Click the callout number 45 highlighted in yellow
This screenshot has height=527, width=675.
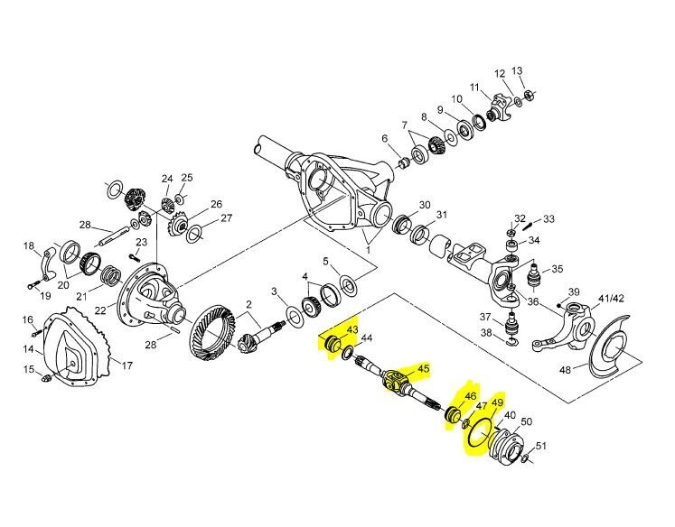point(423,368)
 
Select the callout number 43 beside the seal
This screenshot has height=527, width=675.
point(352,332)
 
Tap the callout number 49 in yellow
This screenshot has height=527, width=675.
point(496,403)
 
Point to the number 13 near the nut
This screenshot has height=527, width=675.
point(517,71)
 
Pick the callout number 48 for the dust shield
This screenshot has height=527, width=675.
point(589,370)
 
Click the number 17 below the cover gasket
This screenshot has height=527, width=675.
point(127,365)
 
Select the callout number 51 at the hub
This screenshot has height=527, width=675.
point(541,445)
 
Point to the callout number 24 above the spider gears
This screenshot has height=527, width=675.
point(166,178)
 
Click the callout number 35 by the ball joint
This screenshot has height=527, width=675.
point(558,268)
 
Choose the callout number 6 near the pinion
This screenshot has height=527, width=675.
point(384,139)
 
